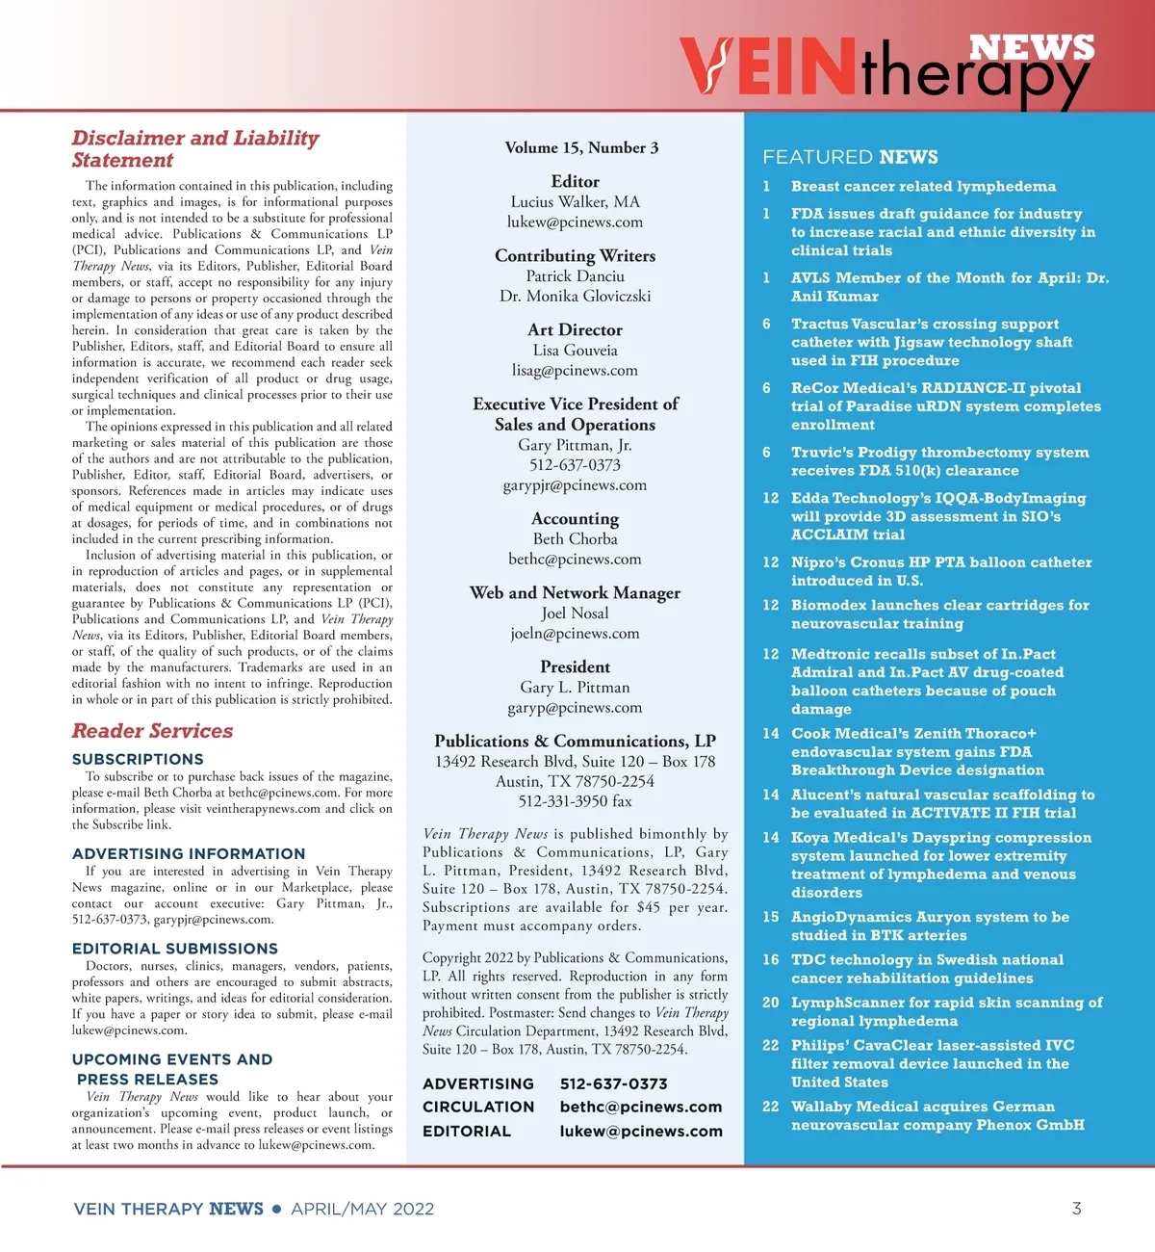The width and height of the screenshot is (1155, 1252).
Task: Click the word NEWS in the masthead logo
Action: pos(1031,46)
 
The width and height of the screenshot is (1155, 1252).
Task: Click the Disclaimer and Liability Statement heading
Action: pos(194,148)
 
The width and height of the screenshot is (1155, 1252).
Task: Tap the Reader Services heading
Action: pos(152,731)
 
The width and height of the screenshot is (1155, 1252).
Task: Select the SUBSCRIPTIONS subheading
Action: pos(138,759)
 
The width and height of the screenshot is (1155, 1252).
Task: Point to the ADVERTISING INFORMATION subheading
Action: pos(189,853)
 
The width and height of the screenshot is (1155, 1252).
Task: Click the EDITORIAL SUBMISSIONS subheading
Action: pos(175,949)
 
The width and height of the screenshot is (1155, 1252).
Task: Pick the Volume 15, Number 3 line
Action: pos(581,147)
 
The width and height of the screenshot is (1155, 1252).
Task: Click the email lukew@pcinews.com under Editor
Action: pos(575,222)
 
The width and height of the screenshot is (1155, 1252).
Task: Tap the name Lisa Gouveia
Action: pos(575,351)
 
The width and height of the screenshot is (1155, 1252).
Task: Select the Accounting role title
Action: pos(575,518)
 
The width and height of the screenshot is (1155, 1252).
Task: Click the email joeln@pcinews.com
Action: pos(575,633)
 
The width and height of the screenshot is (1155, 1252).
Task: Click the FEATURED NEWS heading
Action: pos(850,157)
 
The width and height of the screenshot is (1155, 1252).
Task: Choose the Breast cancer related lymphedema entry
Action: pos(923,186)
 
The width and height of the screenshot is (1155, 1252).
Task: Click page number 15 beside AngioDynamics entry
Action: pos(771,917)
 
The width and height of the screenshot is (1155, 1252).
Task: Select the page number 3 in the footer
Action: pos(1076,1208)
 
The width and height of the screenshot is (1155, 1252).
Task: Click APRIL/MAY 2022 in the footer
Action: pos(362,1209)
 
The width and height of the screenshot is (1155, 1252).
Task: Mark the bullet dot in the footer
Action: pos(277,1209)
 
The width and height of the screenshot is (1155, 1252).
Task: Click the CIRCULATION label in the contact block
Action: pos(478,1107)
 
